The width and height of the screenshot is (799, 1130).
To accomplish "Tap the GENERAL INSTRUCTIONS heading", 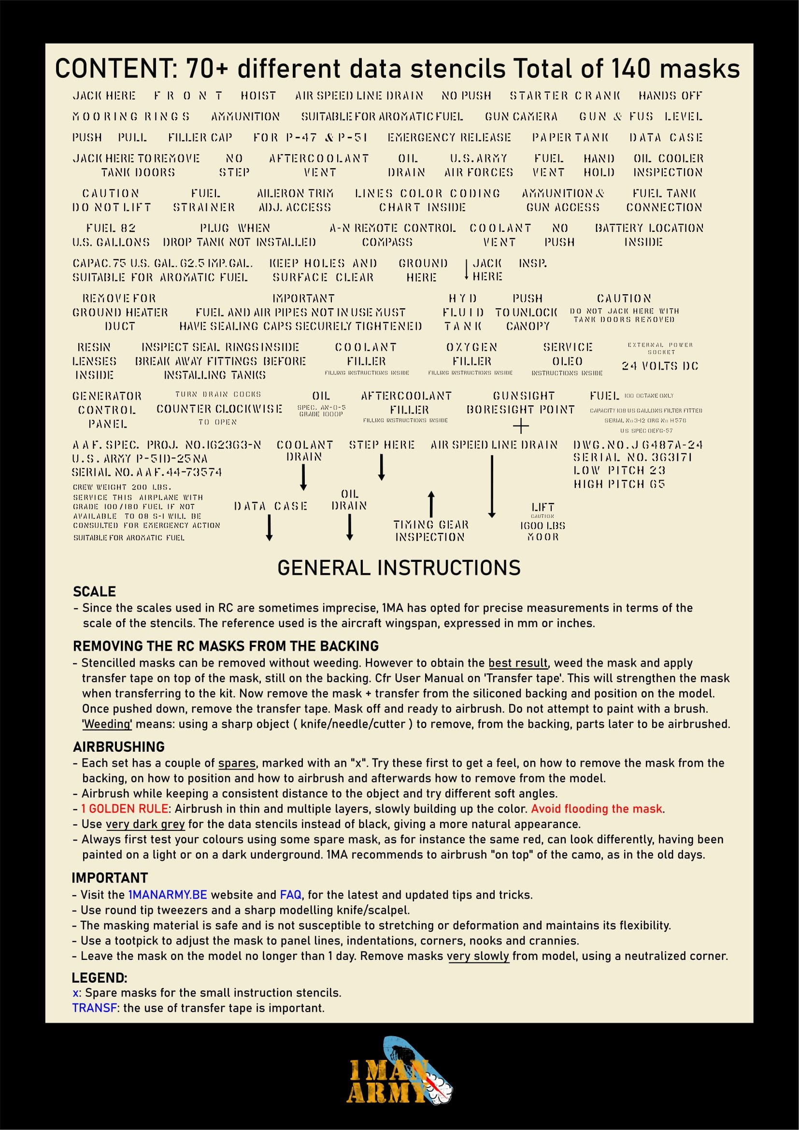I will tap(399, 568).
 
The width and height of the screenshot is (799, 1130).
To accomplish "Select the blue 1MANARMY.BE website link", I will tap(167, 895).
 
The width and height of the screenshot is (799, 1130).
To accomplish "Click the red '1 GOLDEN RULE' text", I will tap(125, 809).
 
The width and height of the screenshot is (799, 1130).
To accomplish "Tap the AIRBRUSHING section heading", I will tap(118, 746).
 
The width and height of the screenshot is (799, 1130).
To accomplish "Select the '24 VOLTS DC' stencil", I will tap(660, 366).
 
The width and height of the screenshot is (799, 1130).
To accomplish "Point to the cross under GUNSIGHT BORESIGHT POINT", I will tap(521, 426).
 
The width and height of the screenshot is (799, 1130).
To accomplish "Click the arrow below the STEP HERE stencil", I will tap(381, 467).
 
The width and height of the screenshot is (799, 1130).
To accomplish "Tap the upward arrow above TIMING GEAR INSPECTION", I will tap(431, 503).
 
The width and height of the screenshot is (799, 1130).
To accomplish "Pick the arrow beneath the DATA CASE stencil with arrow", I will tap(269, 528).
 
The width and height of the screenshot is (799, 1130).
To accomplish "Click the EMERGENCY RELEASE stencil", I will tap(449, 137).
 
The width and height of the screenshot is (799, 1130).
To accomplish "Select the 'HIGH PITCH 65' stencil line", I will tap(619, 484).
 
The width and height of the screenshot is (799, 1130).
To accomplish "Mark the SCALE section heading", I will tap(94, 592).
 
